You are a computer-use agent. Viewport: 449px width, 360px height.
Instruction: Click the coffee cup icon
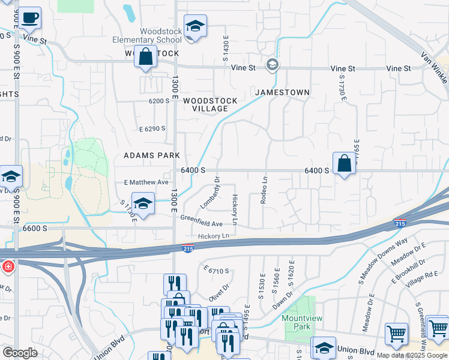(29, 19)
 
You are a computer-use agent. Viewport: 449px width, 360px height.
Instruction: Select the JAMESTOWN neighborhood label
(282, 92)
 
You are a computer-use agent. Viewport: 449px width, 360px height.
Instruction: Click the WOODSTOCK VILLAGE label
(210, 104)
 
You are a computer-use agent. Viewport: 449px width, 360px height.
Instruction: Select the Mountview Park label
(298, 323)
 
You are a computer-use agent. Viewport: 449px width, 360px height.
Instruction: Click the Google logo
(20, 353)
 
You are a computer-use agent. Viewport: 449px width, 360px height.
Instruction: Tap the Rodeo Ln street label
(264, 190)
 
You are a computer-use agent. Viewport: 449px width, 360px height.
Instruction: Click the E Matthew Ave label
(146, 182)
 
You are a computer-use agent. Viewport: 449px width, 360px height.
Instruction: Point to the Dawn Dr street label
(283, 300)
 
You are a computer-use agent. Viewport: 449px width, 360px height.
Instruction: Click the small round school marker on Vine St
(273, 64)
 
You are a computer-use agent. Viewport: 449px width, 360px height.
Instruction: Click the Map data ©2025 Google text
(411, 355)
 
